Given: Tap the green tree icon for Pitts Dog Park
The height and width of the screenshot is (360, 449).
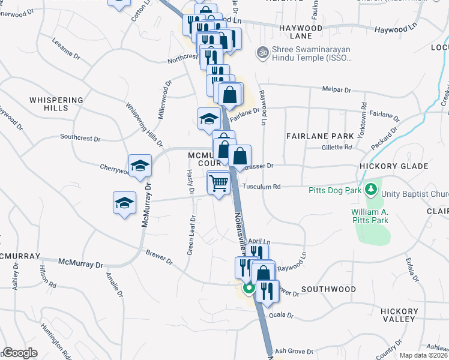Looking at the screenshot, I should [371, 190].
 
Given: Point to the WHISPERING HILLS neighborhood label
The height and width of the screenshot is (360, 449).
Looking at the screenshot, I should [55, 104].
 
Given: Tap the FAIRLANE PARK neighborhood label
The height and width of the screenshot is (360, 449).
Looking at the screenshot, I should [319, 136].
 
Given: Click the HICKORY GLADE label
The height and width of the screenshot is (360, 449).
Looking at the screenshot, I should [393, 166].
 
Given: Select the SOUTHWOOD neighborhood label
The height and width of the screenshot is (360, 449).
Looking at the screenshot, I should [328, 289].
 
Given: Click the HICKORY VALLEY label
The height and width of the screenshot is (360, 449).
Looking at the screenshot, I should [400, 315].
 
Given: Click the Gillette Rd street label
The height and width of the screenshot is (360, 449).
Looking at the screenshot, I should [336, 147].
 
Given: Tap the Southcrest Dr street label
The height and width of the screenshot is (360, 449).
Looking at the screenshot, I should [80, 137].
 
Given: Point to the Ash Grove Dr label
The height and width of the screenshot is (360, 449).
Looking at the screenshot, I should [294, 352].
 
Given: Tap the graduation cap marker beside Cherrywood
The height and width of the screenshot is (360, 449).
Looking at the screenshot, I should [140, 165].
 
